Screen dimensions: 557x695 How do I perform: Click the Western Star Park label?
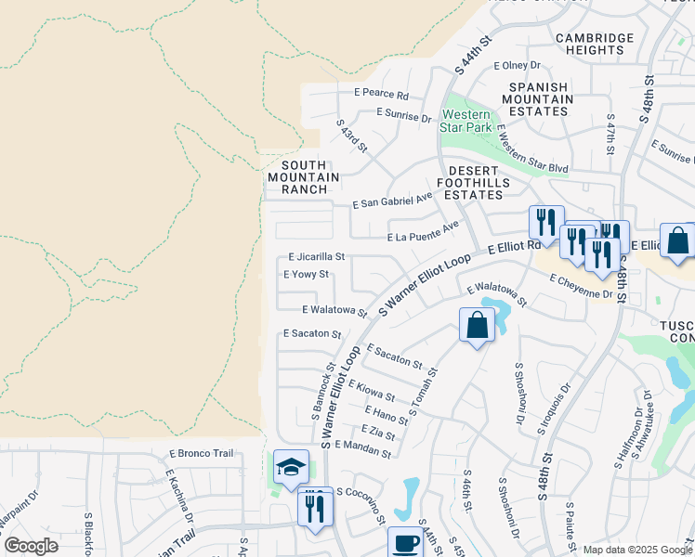(x=466, y=121)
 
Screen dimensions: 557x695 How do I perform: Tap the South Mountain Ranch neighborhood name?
(x=297, y=176)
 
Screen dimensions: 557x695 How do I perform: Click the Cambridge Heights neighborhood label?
(x=595, y=45)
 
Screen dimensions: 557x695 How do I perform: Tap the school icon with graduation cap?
(x=291, y=467)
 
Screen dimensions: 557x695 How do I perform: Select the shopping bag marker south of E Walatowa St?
(x=477, y=326)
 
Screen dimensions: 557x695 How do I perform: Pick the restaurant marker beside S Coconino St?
(x=315, y=508)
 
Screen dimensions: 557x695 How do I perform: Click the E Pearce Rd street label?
(x=381, y=95)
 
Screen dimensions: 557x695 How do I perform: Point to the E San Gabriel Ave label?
(x=393, y=201)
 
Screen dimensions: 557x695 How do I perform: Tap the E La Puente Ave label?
(x=423, y=231)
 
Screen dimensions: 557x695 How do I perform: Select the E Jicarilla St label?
(x=317, y=256)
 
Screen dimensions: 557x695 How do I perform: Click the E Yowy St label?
(x=306, y=275)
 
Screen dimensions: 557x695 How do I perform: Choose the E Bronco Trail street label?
(x=199, y=453)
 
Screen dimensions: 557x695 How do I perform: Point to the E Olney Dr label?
(x=517, y=65)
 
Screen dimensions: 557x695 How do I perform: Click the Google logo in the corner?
(x=31, y=546)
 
